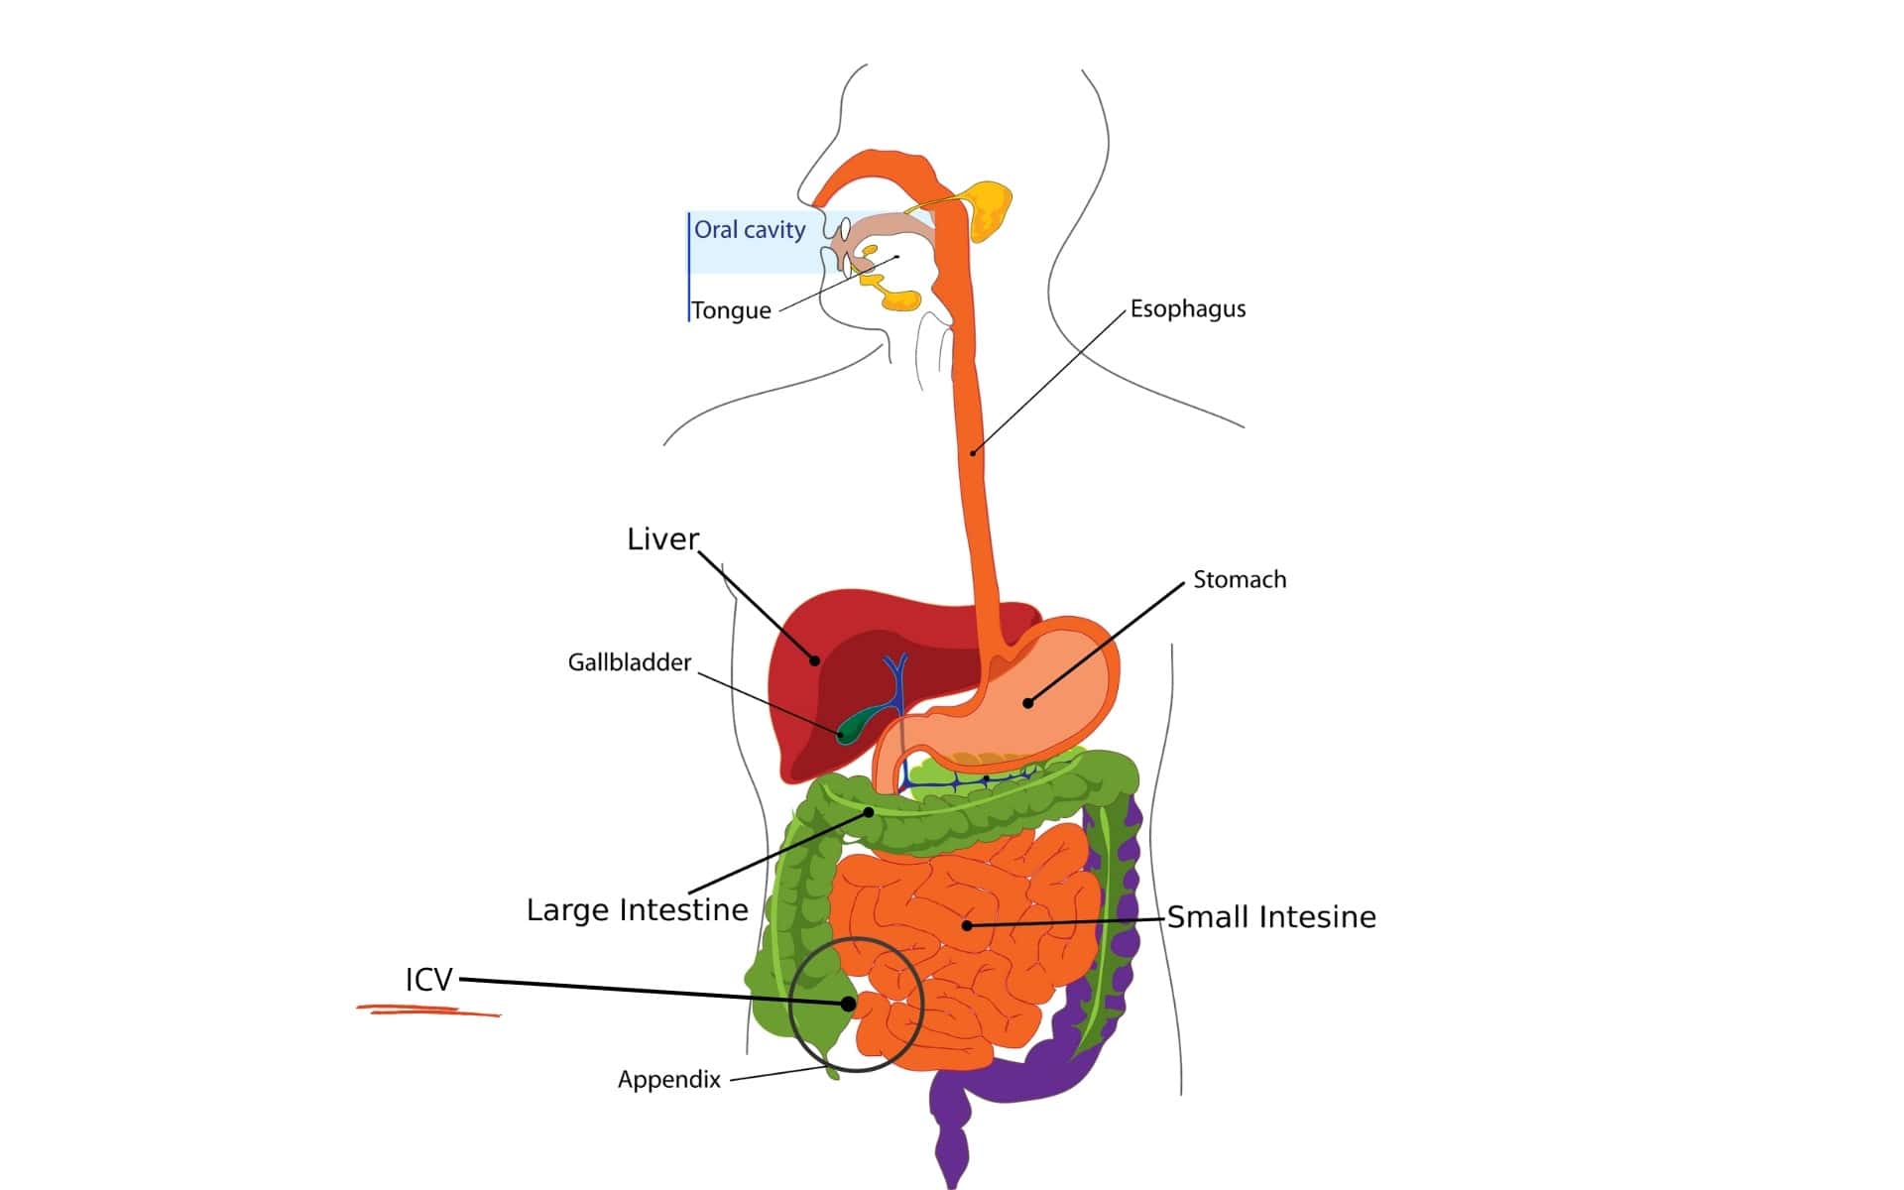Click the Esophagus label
click(1187, 308)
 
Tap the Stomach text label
click(1239, 579)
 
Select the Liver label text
click(662, 538)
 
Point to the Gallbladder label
click(629, 662)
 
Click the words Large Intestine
click(637, 909)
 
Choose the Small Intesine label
click(1270, 917)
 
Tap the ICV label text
click(428, 980)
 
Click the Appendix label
click(668, 1079)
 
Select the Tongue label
click(732, 310)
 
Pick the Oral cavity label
click(750, 230)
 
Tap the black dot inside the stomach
click(1028, 703)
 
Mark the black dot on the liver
click(815, 660)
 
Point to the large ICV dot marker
click(849, 1004)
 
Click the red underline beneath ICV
click(428, 1011)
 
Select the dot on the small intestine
click(967, 925)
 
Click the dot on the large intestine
click(869, 812)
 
